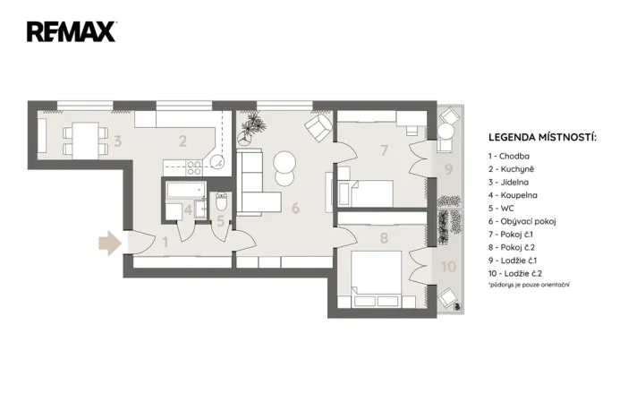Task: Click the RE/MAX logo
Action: click(71, 32)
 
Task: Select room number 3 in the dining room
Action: click(117, 141)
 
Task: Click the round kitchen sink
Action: click(216, 162)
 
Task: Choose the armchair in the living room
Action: click(316, 129)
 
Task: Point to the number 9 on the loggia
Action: click(449, 168)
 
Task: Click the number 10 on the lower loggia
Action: click(448, 266)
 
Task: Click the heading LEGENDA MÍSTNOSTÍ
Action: click(542, 138)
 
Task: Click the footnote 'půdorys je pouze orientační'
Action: click(530, 285)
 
